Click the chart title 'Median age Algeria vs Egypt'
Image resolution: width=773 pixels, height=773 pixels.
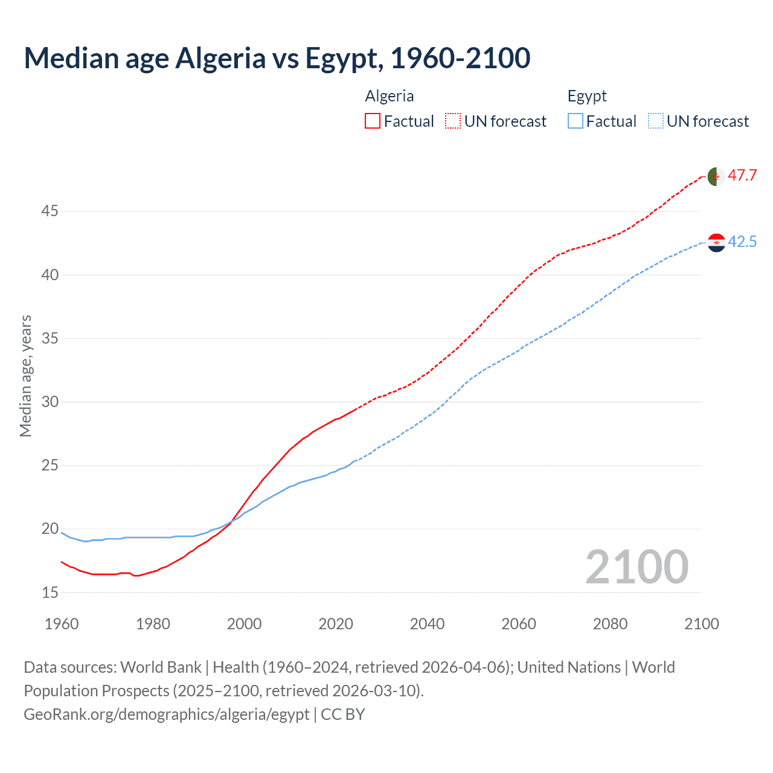point(277,58)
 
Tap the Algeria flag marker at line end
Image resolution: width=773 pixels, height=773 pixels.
point(716,176)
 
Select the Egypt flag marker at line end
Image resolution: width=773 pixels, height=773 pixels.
point(716,243)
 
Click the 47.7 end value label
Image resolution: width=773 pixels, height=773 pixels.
point(742,176)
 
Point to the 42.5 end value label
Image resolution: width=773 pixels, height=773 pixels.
point(742,242)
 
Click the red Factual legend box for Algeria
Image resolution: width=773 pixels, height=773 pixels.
point(373,121)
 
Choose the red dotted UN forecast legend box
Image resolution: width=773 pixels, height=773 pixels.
point(453,121)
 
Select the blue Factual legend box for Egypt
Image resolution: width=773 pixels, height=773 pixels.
point(576,121)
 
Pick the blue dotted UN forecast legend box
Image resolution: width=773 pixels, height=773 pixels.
point(656,121)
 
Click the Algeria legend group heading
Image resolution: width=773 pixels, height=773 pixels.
point(390,97)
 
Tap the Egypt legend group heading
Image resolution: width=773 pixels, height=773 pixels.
point(587,97)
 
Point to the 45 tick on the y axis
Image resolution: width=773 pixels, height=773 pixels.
point(50,211)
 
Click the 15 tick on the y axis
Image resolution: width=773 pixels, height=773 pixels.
point(50,592)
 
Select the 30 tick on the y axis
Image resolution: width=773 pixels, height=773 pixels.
point(50,402)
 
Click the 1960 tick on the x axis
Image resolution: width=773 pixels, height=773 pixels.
point(62,624)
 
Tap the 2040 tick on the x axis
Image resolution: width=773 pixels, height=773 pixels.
point(427,624)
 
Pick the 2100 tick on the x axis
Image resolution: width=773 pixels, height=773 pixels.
point(701,624)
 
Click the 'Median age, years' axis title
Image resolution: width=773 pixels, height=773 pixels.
point(25,376)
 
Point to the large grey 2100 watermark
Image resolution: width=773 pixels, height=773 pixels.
point(637,567)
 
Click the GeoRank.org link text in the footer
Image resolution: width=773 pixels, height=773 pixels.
point(167,714)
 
